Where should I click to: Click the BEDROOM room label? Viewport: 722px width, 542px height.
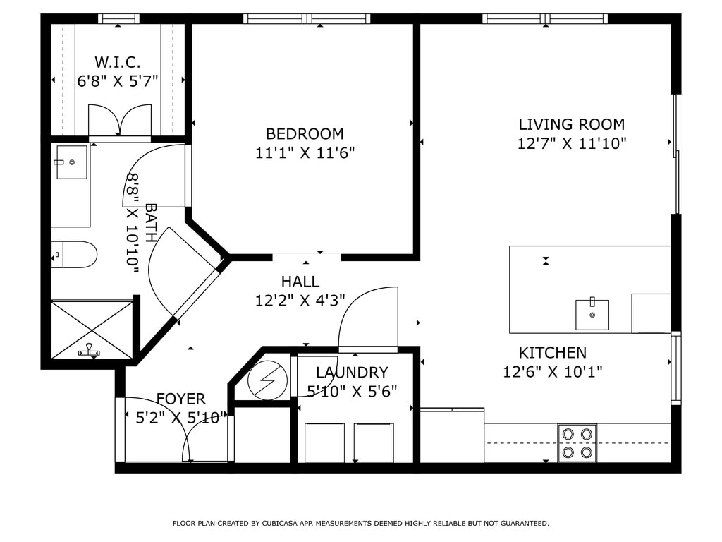(x=305, y=133)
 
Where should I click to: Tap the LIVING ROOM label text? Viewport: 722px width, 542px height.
(x=571, y=124)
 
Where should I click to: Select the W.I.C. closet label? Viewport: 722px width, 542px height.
(x=118, y=62)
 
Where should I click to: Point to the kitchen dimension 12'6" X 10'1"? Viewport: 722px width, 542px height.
(x=552, y=371)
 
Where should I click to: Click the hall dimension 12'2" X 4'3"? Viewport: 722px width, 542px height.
(x=300, y=301)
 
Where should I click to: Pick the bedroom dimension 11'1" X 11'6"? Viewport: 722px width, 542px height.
(x=305, y=152)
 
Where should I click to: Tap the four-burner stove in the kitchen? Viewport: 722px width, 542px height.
(x=577, y=443)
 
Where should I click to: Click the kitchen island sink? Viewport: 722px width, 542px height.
(x=592, y=314)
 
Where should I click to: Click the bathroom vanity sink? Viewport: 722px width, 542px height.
(x=72, y=162)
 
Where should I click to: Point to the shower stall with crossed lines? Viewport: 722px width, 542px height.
(x=92, y=329)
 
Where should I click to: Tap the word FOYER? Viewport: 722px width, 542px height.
(x=181, y=399)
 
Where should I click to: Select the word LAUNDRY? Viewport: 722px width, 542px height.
(x=352, y=373)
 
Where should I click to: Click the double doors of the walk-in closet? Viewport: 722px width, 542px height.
(x=120, y=121)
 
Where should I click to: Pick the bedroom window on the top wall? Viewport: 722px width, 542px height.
(x=307, y=18)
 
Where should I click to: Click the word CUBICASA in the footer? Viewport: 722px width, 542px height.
(x=279, y=523)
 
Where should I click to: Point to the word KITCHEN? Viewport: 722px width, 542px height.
(x=553, y=353)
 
